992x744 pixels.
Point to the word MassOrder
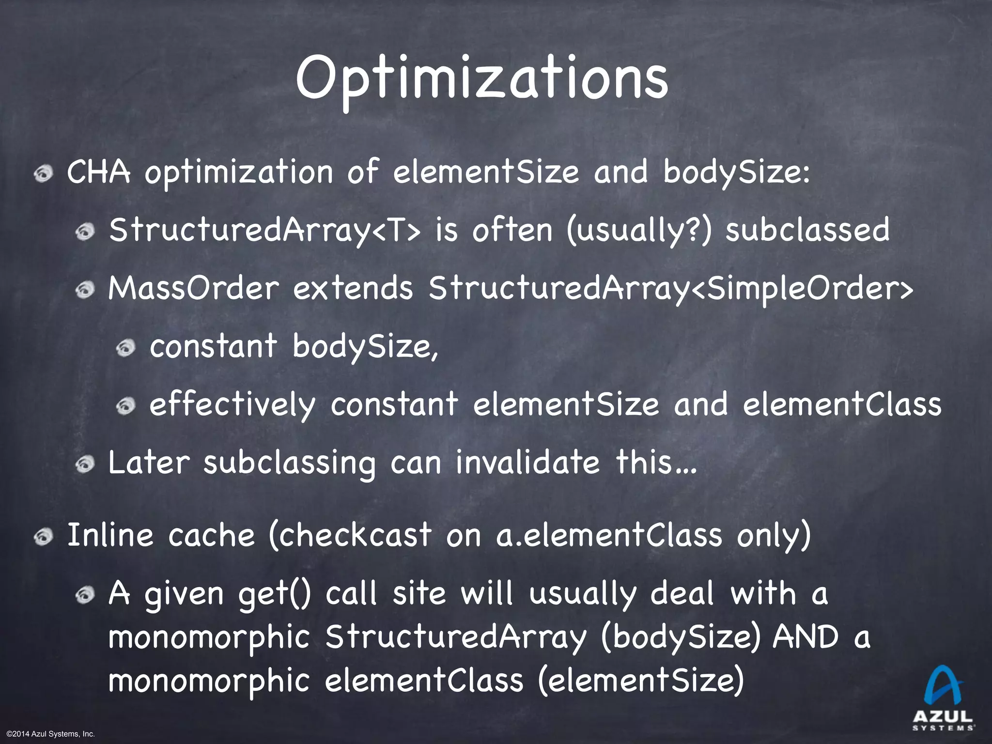point(194,289)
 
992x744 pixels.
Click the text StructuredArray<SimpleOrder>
point(671,289)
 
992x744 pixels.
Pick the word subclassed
point(807,231)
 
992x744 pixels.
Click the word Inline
point(110,536)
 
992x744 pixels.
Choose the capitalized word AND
point(806,637)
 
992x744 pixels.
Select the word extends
point(353,289)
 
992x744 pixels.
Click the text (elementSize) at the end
point(640,681)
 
